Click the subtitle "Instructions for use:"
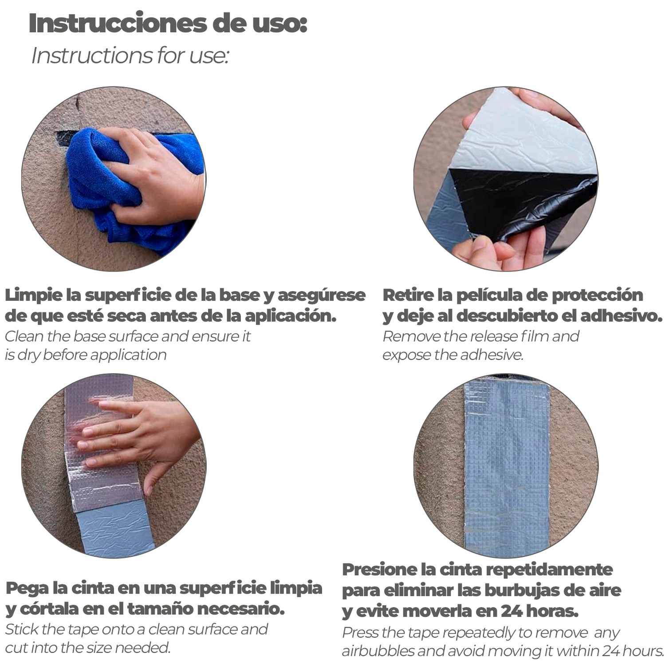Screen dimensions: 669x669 tap(130, 56)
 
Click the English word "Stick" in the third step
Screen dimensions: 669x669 tap(22, 630)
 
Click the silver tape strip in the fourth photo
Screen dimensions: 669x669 tap(507, 466)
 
